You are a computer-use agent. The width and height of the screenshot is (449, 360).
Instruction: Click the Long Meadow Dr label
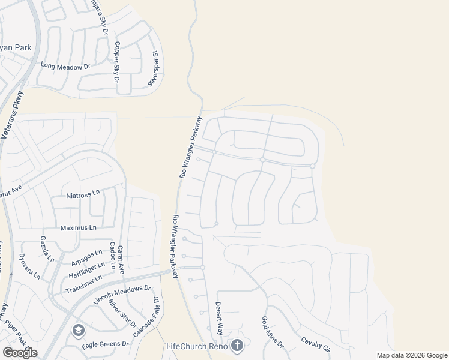(x=64, y=67)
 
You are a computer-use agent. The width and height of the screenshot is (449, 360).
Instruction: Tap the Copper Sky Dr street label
(x=117, y=62)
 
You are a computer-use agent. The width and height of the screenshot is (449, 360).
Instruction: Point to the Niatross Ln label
(x=82, y=196)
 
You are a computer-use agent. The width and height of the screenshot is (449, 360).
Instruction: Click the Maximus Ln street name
(x=78, y=228)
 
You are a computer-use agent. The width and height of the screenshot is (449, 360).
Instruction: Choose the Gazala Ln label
(x=47, y=249)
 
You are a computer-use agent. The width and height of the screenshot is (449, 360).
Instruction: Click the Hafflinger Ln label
(x=86, y=266)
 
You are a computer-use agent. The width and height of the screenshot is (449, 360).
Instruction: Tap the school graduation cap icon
(x=78, y=330)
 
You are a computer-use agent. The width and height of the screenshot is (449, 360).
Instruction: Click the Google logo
(x=20, y=353)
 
